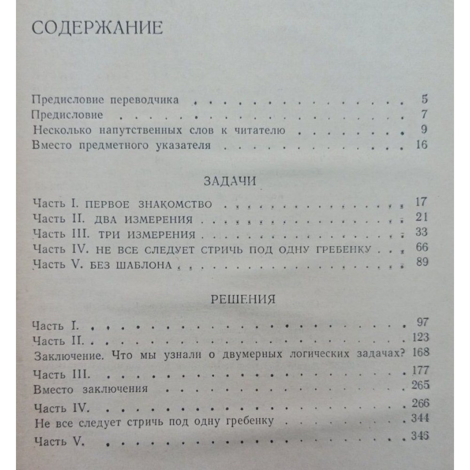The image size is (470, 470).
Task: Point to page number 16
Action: pos(422,144)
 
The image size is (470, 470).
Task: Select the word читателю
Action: pos(261,130)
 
